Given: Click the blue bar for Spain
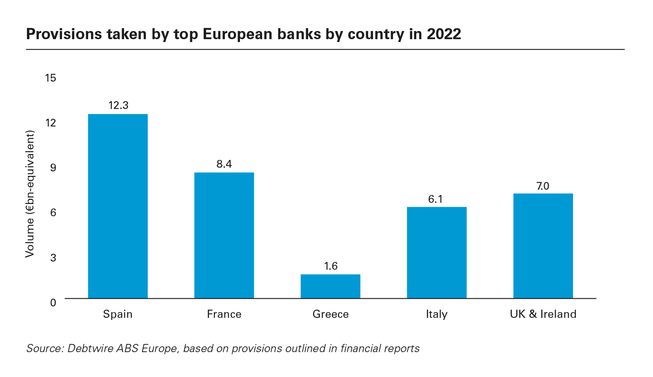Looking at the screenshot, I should click(x=118, y=206).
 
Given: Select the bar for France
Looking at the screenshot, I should click(x=224, y=235).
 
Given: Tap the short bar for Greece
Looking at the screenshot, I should click(x=331, y=286).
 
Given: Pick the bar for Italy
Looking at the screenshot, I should click(x=437, y=253).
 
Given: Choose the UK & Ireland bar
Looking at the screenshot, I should click(x=543, y=246).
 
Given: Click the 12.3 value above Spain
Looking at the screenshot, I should click(x=118, y=105).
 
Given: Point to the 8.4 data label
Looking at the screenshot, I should click(x=224, y=164).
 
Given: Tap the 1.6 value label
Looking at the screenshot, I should click(x=331, y=266).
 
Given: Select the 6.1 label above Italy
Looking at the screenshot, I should click(x=435, y=199).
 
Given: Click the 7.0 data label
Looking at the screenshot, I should click(x=543, y=186).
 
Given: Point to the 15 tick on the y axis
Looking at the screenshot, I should click(x=50, y=78).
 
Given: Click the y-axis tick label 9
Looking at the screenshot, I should click(x=53, y=168).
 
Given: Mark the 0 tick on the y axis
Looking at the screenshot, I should click(x=53, y=303).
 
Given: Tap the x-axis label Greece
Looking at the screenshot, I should click(x=331, y=314).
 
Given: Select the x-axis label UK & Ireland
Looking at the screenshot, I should click(x=543, y=314).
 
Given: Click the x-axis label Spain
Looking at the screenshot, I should click(x=118, y=314).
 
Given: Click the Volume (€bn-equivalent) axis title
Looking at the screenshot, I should click(x=30, y=194).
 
